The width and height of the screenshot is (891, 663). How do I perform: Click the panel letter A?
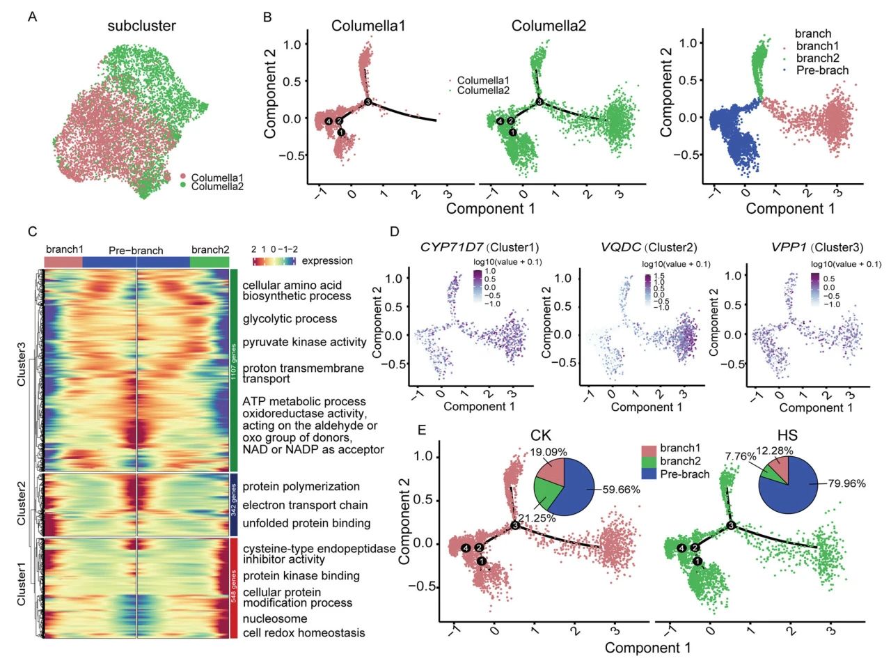tap(32, 17)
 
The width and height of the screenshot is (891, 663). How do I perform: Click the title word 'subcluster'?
tap(141, 26)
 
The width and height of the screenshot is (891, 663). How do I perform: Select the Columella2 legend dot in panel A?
tap(184, 187)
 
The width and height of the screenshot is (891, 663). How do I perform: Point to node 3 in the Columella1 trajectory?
tap(368, 103)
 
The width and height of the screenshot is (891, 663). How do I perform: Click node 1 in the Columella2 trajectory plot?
tap(513, 132)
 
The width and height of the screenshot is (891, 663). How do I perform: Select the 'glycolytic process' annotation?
tap(290, 319)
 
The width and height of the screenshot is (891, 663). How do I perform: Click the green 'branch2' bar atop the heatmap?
tap(209, 261)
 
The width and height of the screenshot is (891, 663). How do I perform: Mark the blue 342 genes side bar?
tap(234, 504)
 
